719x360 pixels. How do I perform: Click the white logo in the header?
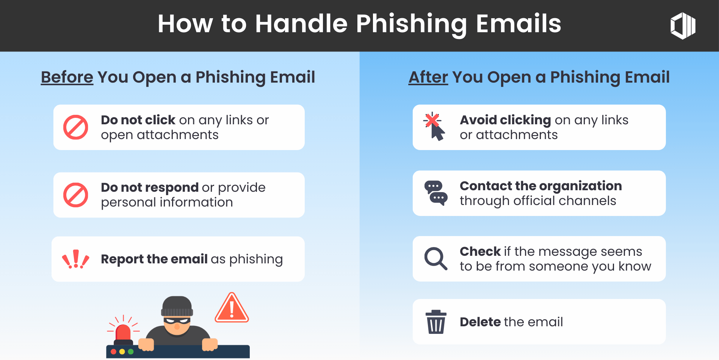[683, 26]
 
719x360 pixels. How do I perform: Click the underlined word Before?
[67, 77]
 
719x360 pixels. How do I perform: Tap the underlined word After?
[428, 77]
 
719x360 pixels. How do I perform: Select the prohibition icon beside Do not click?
[76, 127]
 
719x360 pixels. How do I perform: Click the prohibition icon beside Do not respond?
[76, 195]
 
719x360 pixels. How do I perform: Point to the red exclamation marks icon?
[76, 259]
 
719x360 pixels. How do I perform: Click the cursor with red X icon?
[434, 127]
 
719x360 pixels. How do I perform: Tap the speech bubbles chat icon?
[436, 193]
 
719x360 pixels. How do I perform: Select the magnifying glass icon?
[435, 259]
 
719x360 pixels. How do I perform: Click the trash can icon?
[436, 322]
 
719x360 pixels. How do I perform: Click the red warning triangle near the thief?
[232, 308]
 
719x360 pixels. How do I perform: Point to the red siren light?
[123, 332]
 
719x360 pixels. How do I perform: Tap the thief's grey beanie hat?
[177, 306]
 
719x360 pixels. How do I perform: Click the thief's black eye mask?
[177, 321]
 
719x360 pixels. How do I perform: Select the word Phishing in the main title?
[411, 24]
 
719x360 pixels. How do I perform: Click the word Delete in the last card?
[480, 322]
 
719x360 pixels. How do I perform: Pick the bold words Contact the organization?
[540, 186]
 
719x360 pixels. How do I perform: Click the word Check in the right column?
[480, 252]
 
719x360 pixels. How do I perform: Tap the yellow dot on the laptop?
[122, 352]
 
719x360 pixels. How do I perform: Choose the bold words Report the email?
[154, 259]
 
